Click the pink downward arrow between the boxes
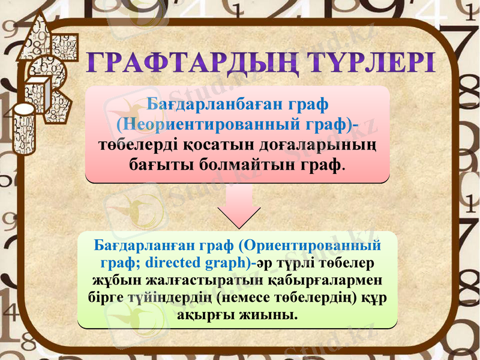239,207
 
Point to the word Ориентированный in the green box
313,246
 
